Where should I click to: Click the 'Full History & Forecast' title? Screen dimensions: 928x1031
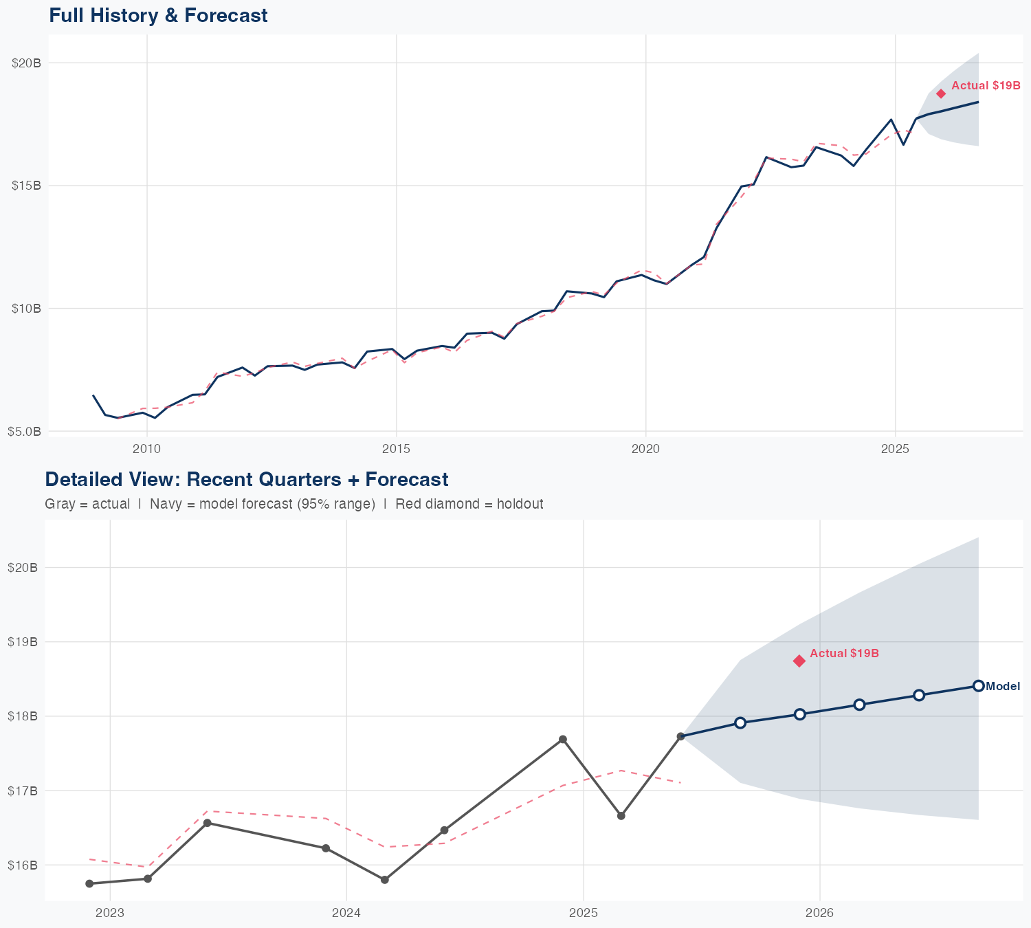tap(158, 15)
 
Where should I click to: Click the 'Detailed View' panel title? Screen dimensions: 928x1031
tap(246, 479)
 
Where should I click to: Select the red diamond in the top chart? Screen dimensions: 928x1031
tap(941, 93)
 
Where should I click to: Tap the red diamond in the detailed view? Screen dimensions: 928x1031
tap(799, 661)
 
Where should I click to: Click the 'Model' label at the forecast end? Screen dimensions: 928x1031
tap(1003, 686)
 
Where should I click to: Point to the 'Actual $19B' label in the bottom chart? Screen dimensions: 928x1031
tap(844, 653)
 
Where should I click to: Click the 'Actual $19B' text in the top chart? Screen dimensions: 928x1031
tap(986, 86)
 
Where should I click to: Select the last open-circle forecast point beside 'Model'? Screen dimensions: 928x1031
tap(978, 685)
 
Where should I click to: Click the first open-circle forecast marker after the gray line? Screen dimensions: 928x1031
tap(740, 722)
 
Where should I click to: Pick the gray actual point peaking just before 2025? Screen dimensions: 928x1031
tap(562, 739)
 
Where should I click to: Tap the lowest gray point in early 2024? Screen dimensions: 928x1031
tap(385, 880)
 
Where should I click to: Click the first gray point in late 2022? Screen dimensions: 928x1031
tap(89, 883)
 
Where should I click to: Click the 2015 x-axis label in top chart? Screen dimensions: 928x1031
tap(396, 449)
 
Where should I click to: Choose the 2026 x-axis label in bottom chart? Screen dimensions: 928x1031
tap(819, 914)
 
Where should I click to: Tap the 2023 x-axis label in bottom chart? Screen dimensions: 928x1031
tap(109, 914)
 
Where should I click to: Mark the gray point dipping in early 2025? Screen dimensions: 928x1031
tap(621, 816)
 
